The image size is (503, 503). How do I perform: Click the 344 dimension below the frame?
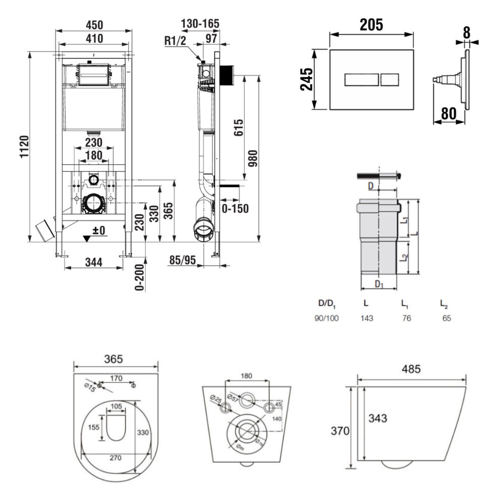(x=94, y=262)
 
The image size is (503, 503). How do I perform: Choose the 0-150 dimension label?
(x=235, y=208)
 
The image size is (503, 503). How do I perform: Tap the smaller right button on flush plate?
(x=390, y=79)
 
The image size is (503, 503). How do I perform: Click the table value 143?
(x=367, y=318)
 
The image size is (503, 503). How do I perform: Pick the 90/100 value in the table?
(x=327, y=318)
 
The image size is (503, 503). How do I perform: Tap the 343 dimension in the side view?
(x=378, y=418)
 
